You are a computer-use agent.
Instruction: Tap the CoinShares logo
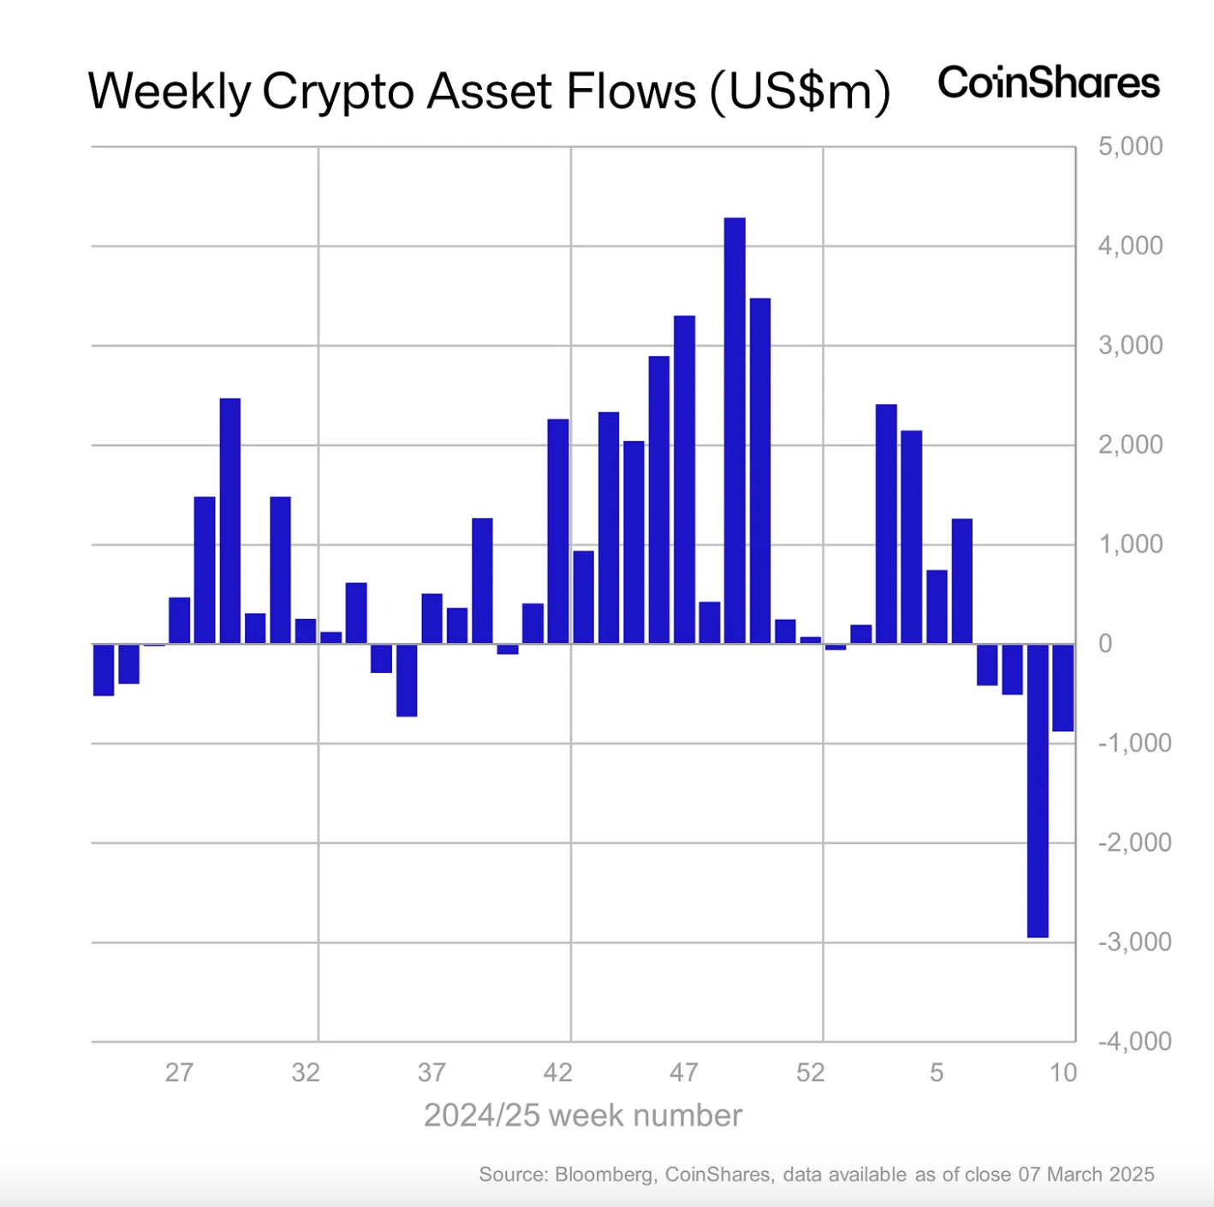click(x=1049, y=83)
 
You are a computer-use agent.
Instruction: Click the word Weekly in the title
click(x=170, y=91)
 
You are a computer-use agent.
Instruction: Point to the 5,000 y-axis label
click(x=1130, y=146)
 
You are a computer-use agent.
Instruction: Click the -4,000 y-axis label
click(x=1134, y=1042)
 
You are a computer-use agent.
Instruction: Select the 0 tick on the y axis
click(x=1105, y=644)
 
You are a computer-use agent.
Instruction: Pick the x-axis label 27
click(x=179, y=1073)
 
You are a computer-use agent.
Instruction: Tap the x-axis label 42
click(x=557, y=1073)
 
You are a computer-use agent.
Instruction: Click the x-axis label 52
click(x=810, y=1073)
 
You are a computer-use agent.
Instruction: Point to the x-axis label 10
click(x=1063, y=1073)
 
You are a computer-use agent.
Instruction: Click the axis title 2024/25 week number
click(x=582, y=1115)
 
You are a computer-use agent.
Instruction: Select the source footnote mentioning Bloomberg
click(x=816, y=1174)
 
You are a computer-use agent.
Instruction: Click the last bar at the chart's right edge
click(x=1062, y=687)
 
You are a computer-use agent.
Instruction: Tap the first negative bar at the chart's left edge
click(x=104, y=669)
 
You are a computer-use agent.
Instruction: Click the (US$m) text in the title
click(x=800, y=91)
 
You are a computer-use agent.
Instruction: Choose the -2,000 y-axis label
click(x=1134, y=842)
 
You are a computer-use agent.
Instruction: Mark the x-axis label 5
click(x=937, y=1073)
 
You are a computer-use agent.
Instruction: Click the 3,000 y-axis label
click(x=1130, y=345)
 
